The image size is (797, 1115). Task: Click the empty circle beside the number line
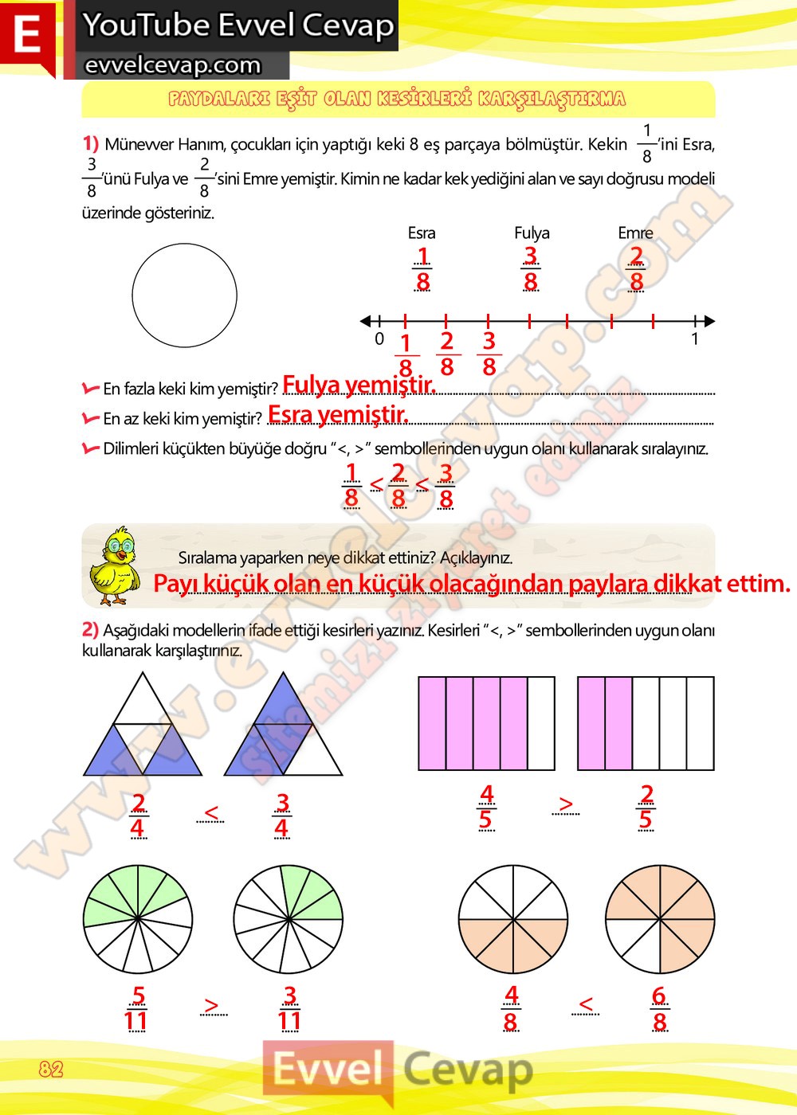point(184,295)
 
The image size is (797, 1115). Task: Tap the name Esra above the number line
point(422,233)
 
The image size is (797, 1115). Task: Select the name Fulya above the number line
point(532,233)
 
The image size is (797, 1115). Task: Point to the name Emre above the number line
point(635,233)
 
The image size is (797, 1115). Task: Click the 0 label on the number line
point(379,339)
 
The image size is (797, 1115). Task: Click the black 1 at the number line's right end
point(695,339)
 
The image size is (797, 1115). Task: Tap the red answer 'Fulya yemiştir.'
point(359,385)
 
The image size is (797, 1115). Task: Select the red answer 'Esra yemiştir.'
point(338,415)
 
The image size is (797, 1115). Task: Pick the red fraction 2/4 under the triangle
point(138,816)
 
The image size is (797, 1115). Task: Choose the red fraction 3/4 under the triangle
point(282,816)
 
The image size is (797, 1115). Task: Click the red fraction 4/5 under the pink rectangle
point(486,807)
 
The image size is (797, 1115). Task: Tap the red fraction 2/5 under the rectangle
point(646,807)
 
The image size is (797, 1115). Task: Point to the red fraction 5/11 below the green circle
point(136,1008)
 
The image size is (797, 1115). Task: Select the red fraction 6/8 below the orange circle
point(659,1008)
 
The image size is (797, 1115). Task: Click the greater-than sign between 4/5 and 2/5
point(566,804)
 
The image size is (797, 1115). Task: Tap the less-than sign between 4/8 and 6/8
point(586,1005)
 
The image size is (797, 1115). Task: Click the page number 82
point(51,1069)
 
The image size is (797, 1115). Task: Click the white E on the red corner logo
point(28,36)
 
